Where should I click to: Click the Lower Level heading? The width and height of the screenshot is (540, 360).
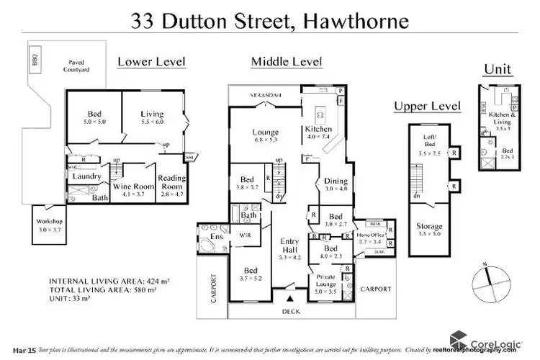pyautogui.click(x=151, y=62)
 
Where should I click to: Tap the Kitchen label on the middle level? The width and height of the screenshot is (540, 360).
pyautogui.click(x=318, y=130)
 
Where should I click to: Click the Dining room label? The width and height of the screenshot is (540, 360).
pyautogui.click(x=335, y=181)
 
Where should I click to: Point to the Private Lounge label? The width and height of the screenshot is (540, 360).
pyautogui.click(x=325, y=282)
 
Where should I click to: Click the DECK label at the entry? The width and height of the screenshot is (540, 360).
pyautogui.click(x=291, y=311)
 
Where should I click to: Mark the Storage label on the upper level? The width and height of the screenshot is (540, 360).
pyautogui.click(x=429, y=226)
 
